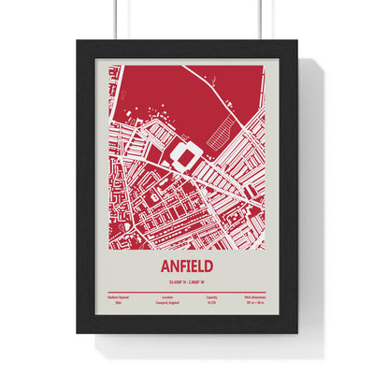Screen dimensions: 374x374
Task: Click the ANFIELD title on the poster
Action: pyautogui.click(x=187, y=266)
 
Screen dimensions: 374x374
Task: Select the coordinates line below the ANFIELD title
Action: pyautogui.click(x=187, y=280)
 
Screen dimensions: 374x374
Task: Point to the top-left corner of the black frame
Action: pyautogui.click(x=79, y=41)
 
